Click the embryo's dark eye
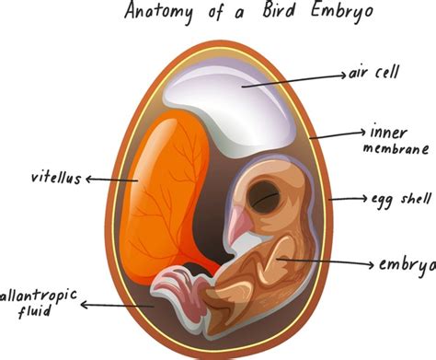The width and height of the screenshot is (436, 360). (x=268, y=194)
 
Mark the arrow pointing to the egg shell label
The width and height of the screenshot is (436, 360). (x=349, y=198)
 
